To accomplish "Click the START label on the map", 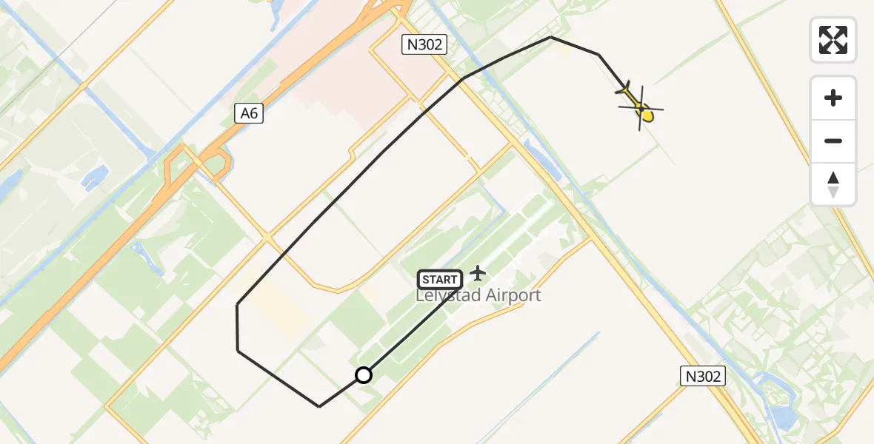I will pos(441,280).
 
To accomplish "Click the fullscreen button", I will pos(833,40).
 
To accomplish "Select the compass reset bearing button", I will pos(833,184).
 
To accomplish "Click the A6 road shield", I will pos(250,113).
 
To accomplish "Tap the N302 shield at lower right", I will pos(702,376).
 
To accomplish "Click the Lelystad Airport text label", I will pos(478,296).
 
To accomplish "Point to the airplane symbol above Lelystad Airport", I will pos(478,273).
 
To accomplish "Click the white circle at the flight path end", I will pos(364,375).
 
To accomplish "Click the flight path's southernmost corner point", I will pos(319,406).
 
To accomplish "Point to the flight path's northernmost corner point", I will pos(551,37).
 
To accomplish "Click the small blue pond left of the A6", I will pos(95,176).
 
